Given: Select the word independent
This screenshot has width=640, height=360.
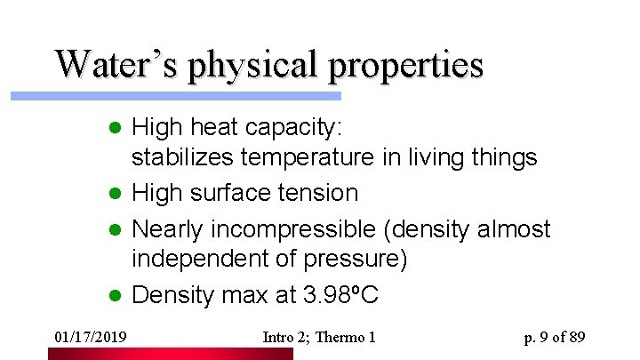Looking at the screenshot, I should coord(198,259).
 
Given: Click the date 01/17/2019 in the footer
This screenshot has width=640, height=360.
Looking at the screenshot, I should coord(89,337).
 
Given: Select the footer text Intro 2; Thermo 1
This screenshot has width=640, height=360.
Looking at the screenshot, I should coord(320,337).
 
